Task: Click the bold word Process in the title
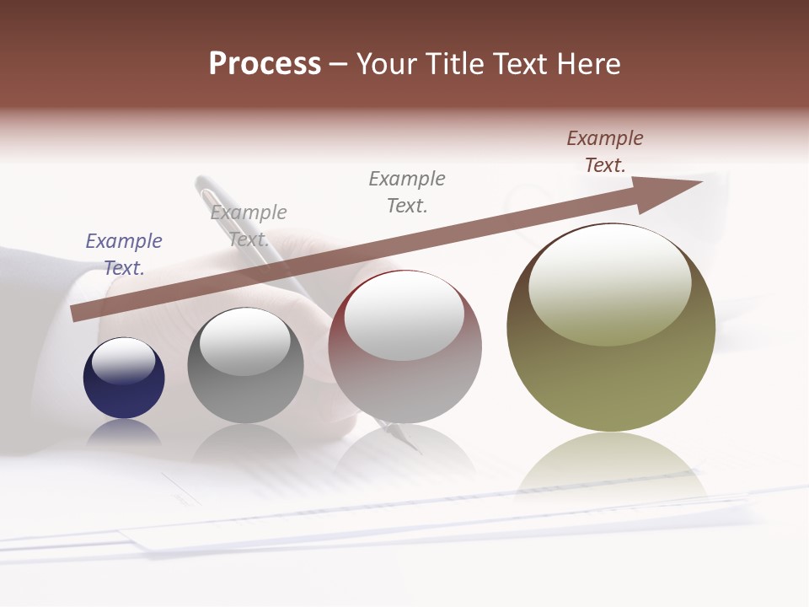point(265,64)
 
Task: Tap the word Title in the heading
point(452,64)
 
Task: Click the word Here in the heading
point(587,64)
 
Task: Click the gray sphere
point(245,366)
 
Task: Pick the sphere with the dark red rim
point(404,346)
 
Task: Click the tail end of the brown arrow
point(74,314)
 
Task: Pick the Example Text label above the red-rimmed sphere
point(407,191)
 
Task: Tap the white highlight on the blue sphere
point(123,361)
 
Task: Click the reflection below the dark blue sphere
point(124,432)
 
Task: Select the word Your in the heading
point(386,64)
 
